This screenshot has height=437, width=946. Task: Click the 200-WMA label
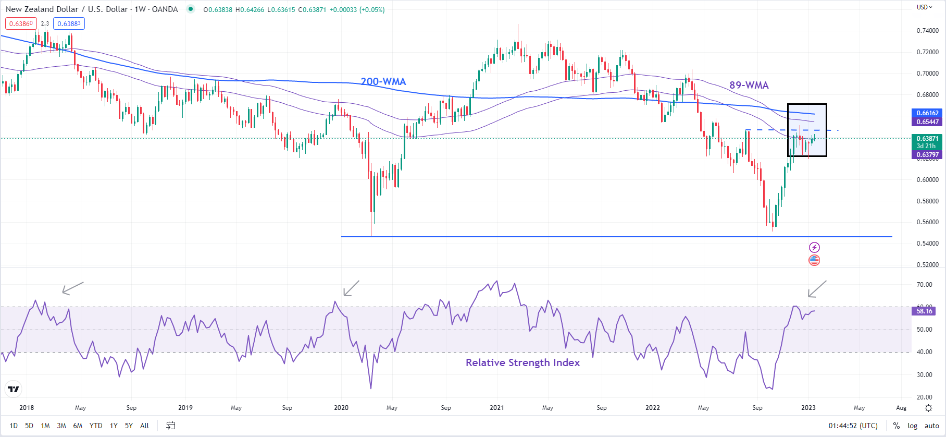[383, 81]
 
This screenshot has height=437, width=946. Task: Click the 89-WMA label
[749, 85]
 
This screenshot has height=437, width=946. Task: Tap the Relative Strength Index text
[522, 362]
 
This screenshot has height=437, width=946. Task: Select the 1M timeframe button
[45, 426]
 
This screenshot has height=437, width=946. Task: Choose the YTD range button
[96, 426]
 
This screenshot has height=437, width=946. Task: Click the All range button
[144, 426]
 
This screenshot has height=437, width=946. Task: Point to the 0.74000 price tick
[927, 31]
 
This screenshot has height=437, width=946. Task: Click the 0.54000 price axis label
[927, 244]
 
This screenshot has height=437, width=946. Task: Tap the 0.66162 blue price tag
[927, 113]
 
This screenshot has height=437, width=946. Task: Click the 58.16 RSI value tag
[925, 311]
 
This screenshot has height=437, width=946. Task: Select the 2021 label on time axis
[496, 408]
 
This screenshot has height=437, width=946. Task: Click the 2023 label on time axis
[808, 408]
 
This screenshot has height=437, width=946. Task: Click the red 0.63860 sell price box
[21, 23]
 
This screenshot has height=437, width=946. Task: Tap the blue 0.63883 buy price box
[69, 23]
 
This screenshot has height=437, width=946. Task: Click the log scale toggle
[912, 426]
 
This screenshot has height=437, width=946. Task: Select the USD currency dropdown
[925, 7]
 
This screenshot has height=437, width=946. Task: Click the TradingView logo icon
[14, 389]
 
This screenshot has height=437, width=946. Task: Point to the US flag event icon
[814, 260]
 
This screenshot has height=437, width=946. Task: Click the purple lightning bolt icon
[814, 247]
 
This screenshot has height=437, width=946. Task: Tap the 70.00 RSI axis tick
[925, 285]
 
